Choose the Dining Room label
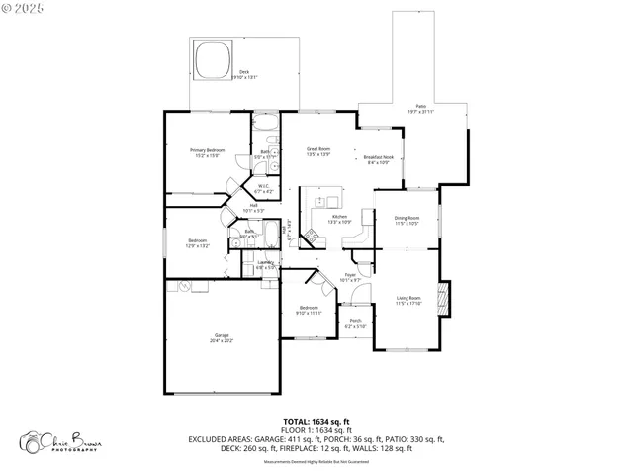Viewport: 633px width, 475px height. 407,220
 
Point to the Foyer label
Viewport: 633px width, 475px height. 349,277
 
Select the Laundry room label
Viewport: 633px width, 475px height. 265,264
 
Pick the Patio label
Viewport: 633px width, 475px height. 420,107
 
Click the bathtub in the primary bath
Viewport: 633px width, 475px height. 264,125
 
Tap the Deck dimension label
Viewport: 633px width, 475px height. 244,74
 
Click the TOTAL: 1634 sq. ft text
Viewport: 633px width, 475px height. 316,422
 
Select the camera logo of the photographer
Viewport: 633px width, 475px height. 32,441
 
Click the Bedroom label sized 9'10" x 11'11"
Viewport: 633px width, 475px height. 310,310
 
